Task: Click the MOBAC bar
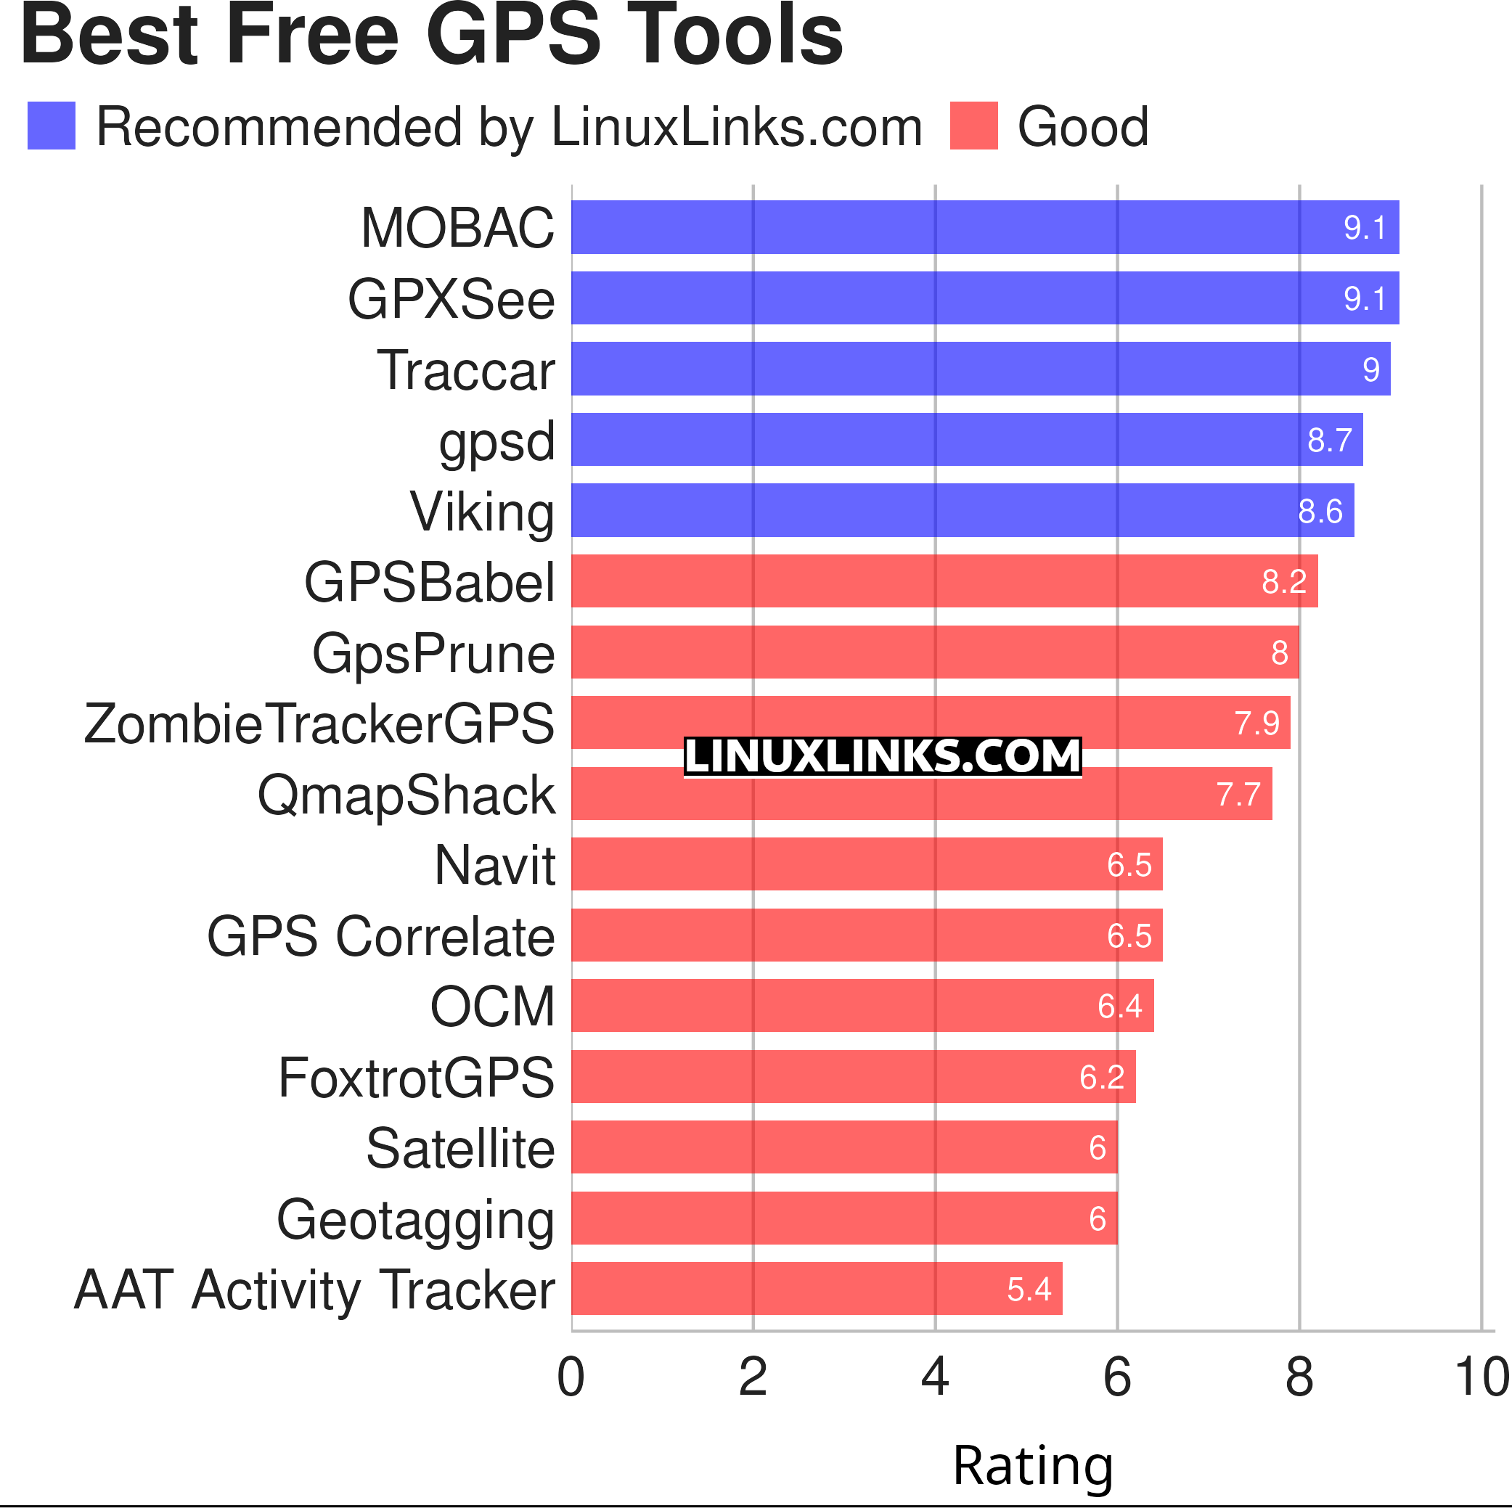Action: click(x=984, y=227)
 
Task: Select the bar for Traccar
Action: click(x=980, y=369)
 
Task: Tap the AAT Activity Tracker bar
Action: click(x=817, y=1288)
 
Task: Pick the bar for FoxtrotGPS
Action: click(x=853, y=1077)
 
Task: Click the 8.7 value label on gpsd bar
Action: click(x=1329, y=440)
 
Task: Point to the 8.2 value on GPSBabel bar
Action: click(x=1283, y=581)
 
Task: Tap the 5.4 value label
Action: click(x=1029, y=1289)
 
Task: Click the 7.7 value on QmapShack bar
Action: click(x=1238, y=795)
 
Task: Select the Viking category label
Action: click(x=482, y=512)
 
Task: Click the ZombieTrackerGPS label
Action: click(x=319, y=724)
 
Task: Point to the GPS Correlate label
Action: click(x=380, y=936)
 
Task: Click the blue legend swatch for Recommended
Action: click(x=51, y=126)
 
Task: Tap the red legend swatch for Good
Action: click(x=973, y=126)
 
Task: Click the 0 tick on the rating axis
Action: click(x=571, y=1377)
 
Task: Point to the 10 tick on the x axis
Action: click(x=1481, y=1377)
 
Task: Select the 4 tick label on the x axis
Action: click(x=934, y=1377)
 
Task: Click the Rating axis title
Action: click(x=1032, y=1465)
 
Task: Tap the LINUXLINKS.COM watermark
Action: click(x=882, y=757)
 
